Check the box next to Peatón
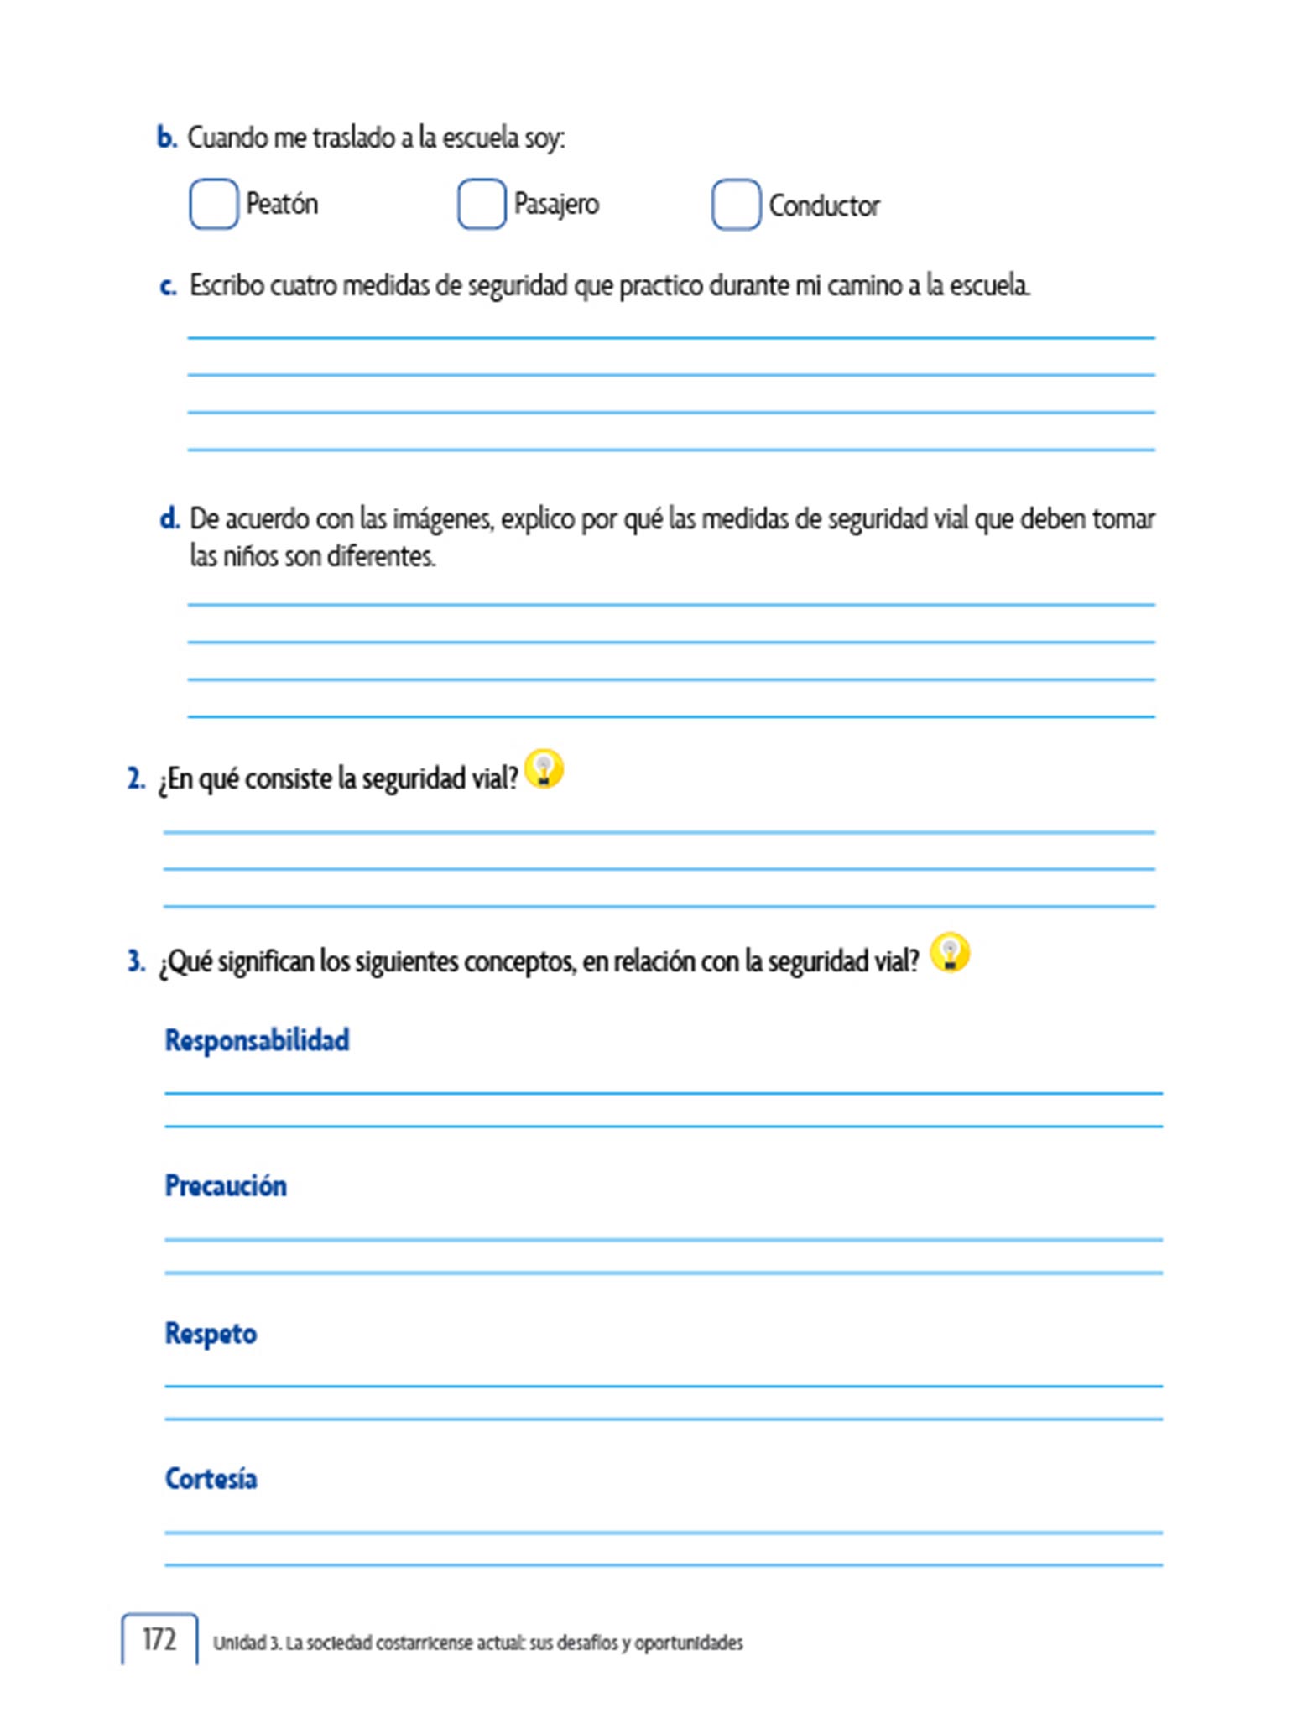(x=213, y=204)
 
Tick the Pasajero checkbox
(x=482, y=204)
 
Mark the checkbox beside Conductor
(x=736, y=205)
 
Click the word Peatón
(x=282, y=204)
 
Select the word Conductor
(x=824, y=206)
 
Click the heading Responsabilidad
(x=257, y=1040)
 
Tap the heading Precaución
(x=226, y=1185)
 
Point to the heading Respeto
(x=211, y=1333)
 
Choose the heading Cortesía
(x=211, y=1478)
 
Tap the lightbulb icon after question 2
(x=544, y=768)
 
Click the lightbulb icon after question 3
(x=950, y=953)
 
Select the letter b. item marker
(x=167, y=138)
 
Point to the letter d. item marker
(x=169, y=518)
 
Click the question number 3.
(x=136, y=961)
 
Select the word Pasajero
(x=556, y=204)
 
